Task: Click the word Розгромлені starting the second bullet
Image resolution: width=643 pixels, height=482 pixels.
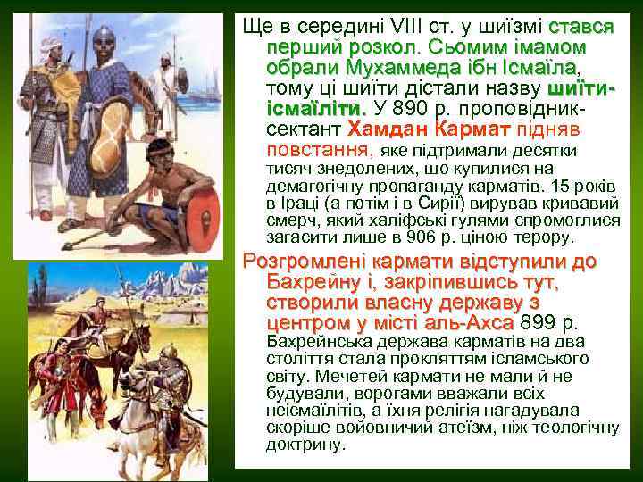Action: pos(299,263)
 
